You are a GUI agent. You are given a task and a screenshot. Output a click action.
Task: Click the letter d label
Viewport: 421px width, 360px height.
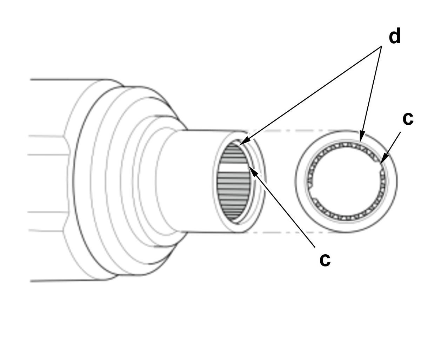[395, 37]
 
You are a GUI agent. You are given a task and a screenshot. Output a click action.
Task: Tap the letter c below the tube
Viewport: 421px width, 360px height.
[325, 260]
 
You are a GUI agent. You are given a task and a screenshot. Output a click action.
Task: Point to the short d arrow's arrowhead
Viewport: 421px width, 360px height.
[361, 137]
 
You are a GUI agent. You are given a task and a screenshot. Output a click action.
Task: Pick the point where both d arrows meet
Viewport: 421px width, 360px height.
[381, 46]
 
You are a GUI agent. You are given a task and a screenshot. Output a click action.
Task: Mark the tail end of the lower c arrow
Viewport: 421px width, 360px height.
[315, 247]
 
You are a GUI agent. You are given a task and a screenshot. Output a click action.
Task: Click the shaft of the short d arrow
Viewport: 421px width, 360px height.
[371, 92]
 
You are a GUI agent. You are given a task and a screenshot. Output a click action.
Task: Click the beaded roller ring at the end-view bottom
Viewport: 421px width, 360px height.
[346, 217]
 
